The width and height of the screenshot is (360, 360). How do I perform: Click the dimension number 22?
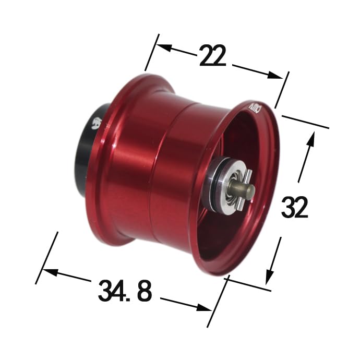212,56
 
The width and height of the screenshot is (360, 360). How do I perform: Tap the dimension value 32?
295,208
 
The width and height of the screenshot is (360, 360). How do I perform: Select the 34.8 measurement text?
125,292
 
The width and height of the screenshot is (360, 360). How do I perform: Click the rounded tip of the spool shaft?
250,192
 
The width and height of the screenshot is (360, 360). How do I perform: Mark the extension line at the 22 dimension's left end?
152,52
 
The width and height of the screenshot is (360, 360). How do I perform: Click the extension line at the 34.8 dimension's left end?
46,258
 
